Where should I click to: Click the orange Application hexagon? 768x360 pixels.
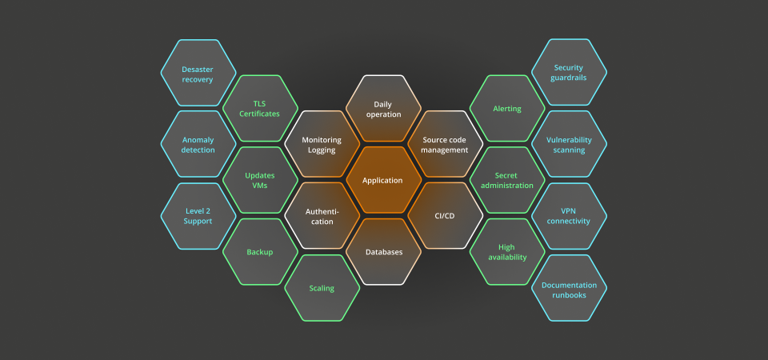coord(382,180)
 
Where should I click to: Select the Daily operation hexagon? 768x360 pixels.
coord(382,109)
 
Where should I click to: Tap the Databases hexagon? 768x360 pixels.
coord(382,252)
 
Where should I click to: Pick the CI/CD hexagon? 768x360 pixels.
coord(444,216)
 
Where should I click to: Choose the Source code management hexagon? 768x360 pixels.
coord(444,144)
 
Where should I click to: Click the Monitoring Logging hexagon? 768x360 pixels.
coord(321,144)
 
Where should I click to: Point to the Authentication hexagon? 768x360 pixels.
coord(321,216)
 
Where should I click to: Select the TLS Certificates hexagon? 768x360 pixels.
coord(259,109)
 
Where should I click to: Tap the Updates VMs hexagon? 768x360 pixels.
coord(259,180)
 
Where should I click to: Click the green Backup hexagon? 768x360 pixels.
coord(259,252)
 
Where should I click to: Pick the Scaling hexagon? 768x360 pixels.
coord(321,288)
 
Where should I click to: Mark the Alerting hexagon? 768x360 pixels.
coord(506,109)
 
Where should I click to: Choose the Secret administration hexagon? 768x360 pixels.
coord(506,180)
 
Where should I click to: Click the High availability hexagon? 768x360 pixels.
coord(506,252)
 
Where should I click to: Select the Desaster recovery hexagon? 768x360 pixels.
coord(198,74)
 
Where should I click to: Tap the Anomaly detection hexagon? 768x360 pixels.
coord(198,144)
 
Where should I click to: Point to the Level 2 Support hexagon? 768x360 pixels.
coord(198,216)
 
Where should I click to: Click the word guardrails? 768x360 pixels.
coord(569,78)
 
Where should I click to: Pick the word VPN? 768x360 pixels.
coord(569,210)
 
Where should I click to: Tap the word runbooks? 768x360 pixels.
coord(569,295)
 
